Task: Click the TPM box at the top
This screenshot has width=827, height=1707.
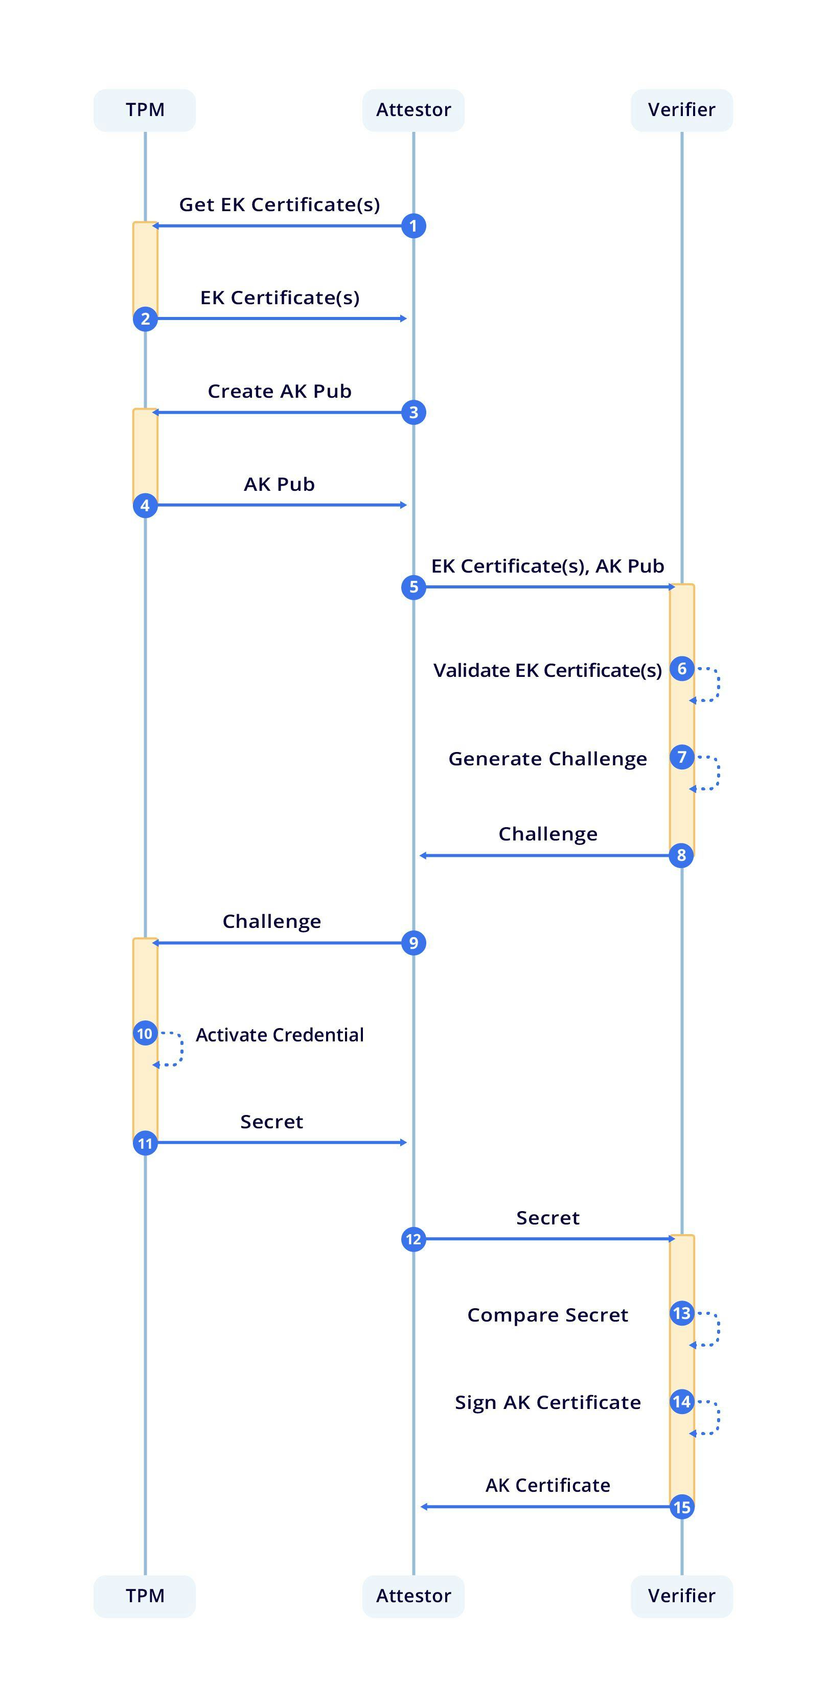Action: pyautogui.click(x=145, y=110)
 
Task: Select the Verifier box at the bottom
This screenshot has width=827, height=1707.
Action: pyautogui.click(x=681, y=1596)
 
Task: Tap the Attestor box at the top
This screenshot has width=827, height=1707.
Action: pyautogui.click(x=413, y=110)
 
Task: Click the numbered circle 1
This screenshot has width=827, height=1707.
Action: pyautogui.click(x=413, y=226)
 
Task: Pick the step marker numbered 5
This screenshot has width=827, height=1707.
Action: pyautogui.click(x=413, y=587)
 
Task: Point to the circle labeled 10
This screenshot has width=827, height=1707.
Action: pyautogui.click(x=145, y=1034)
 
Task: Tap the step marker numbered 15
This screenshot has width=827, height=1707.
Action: pyautogui.click(x=681, y=1507)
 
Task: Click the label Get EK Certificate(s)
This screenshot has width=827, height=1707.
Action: pyautogui.click(x=279, y=205)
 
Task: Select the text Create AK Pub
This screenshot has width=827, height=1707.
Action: pyautogui.click(x=279, y=391)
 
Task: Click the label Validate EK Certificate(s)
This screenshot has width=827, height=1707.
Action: pyautogui.click(x=547, y=671)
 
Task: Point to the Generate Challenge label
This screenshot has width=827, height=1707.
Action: pyautogui.click(x=547, y=759)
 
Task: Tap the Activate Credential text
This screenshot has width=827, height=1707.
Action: pyautogui.click(x=279, y=1035)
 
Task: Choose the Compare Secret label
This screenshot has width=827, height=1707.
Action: pyautogui.click(x=547, y=1315)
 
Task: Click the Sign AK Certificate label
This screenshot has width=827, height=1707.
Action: pyautogui.click(x=547, y=1402)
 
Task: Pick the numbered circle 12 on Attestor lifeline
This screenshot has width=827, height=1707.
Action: pyautogui.click(x=413, y=1239)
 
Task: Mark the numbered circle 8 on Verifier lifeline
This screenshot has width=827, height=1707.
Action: pyautogui.click(x=681, y=855)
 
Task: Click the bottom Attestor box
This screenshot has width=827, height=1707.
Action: pyautogui.click(x=413, y=1596)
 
